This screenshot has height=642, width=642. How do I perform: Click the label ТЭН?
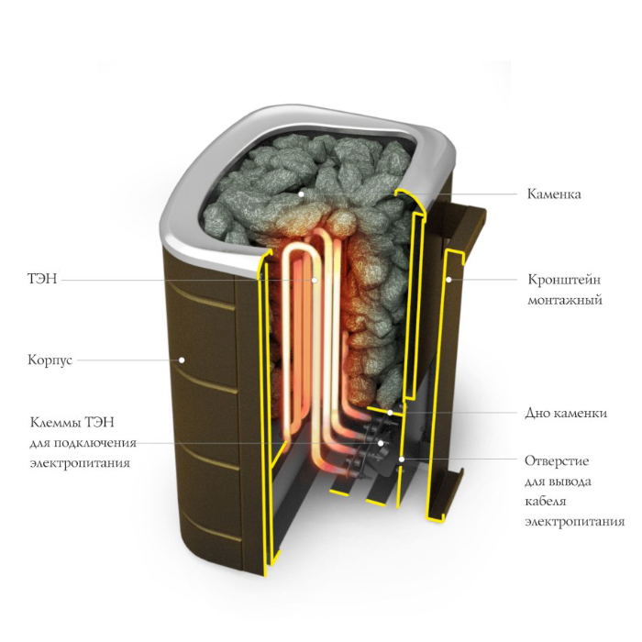pos(43,279)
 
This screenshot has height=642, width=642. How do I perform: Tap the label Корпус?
pos(50,360)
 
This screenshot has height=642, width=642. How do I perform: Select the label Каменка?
pos(553,194)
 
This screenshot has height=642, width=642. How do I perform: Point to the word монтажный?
pos(565,300)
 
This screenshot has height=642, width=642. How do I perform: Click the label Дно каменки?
pos(566,413)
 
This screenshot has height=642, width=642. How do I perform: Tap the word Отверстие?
pos(557,459)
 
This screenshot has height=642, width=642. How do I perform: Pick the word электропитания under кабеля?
pos(574,522)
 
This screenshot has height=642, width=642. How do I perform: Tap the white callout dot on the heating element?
pos(315,279)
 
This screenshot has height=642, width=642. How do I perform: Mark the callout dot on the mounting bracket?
pos(449,277)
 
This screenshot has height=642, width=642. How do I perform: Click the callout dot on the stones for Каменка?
pos(300,194)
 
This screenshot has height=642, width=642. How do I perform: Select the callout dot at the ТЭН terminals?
pos(382,443)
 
